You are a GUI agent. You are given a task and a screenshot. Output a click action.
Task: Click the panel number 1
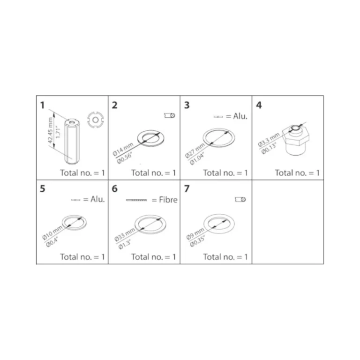tap(42, 105)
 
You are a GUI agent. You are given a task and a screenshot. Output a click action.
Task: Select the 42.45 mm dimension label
tap(51, 130)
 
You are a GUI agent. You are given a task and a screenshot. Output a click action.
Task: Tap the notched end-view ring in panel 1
tap(96, 120)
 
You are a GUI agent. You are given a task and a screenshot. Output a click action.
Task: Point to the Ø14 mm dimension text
tap(123, 150)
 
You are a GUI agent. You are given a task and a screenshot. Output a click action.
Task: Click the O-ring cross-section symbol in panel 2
tap(170, 115)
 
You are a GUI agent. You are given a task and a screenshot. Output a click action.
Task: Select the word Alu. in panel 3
tap(240, 116)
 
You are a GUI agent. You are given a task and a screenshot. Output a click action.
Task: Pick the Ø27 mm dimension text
tap(195, 150)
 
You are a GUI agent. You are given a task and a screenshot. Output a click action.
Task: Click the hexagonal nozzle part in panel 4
tap(296, 140)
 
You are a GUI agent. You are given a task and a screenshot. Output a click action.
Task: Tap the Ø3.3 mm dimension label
tap(269, 140)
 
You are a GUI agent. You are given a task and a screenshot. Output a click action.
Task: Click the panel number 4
tap(259, 105)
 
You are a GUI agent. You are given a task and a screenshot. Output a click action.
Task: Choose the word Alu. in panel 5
tap(97, 199)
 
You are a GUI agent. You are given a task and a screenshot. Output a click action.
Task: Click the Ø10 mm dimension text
tap(52, 232)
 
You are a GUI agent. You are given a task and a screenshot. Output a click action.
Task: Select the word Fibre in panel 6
tap(168, 200)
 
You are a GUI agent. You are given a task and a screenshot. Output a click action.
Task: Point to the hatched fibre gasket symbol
tap(136, 200)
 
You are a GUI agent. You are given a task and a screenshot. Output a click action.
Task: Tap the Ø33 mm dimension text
tap(125, 235)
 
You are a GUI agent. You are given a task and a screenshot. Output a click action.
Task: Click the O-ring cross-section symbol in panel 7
tap(240, 199)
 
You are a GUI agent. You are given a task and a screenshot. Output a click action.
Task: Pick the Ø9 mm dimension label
tap(195, 234)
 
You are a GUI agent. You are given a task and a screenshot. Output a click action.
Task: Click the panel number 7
tap(187, 189)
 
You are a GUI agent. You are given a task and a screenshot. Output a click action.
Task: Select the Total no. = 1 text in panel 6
tap(154, 257)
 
